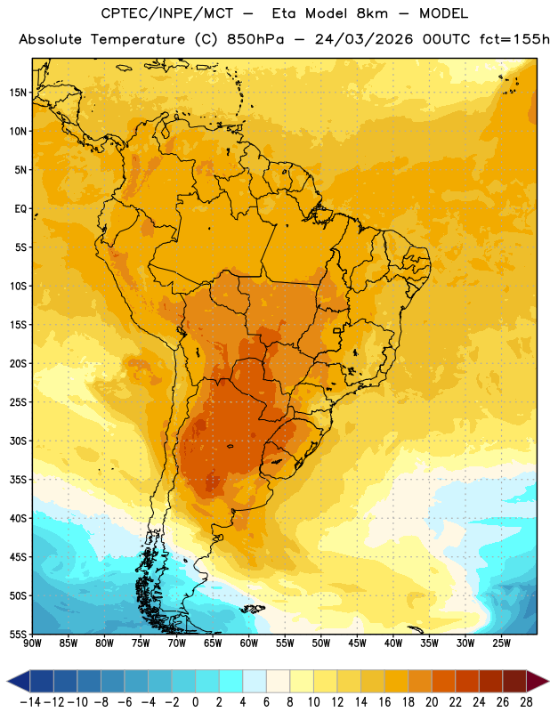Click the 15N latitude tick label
[17, 93]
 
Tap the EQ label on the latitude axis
[20, 209]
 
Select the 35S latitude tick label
[18, 480]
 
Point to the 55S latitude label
[18, 635]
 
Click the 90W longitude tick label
[32, 643]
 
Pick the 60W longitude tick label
[249, 643]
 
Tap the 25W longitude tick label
[501, 643]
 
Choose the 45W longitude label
[357, 643]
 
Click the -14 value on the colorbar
[31, 702]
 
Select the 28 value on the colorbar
[525, 702]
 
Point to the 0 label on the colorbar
[195, 702]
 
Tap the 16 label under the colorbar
[384, 702]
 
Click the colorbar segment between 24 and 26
[490, 681]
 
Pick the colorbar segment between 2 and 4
[231, 681]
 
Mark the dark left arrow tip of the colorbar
[8, 681]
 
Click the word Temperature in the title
[138, 39]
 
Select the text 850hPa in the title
[255, 39]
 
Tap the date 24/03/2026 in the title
[364, 39]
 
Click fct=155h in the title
[514, 39]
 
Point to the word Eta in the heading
[284, 13]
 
